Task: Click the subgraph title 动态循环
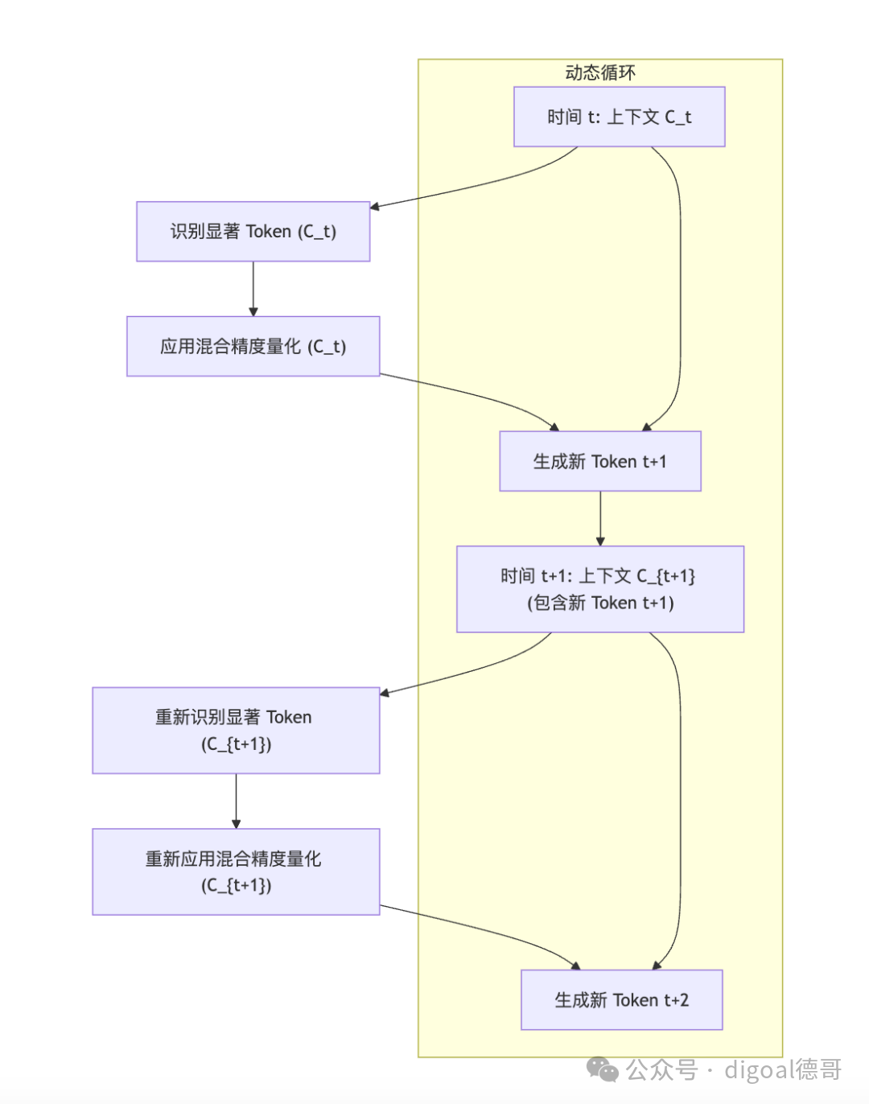pyautogui.click(x=600, y=73)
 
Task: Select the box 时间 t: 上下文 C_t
pyautogui.click(x=619, y=117)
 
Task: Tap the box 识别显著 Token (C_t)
pyautogui.click(x=253, y=232)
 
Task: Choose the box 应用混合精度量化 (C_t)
pyautogui.click(x=253, y=346)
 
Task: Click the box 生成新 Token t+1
pyautogui.click(x=599, y=461)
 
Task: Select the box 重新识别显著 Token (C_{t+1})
pyautogui.click(x=236, y=730)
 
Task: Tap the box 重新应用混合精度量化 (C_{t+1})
pyautogui.click(x=236, y=871)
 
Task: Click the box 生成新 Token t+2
pyautogui.click(x=621, y=999)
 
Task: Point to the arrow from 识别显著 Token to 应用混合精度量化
pyautogui.click(x=253, y=288)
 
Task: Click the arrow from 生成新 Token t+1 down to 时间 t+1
pyautogui.click(x=600, y=518)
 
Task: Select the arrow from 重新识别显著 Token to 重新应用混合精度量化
pyautogui.click(x=236, y=801)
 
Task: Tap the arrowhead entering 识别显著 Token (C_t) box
pyautogui.click(x=375, y=207)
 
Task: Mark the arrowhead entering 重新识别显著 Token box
pyautogui.click(x=385, y=692)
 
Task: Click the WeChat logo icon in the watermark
pyautogui.click(x=603, y=1069)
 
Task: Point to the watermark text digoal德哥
pyautogui.click(x=782, y=1069)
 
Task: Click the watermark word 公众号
pyautogui.click(x=661, y=1069)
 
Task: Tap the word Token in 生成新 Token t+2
pyautogui.click(x=636, y=1000)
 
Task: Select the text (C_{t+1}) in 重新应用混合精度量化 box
pyautogui.click(x=236, y=885)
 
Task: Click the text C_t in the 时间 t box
pyautogui.click(x=677, y=117)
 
